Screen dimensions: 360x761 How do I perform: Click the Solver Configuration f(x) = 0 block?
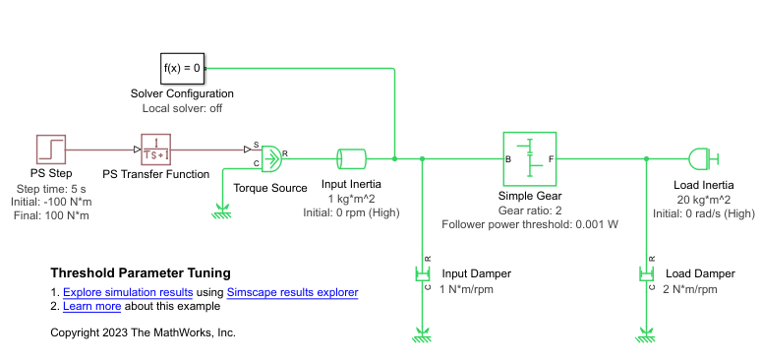[x=182, y=68]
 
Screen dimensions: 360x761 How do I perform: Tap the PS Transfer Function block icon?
[x=156, y=150]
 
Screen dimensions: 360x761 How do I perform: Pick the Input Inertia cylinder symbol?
[x=351, y=158]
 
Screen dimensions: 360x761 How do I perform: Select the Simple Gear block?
[x=529, y=158]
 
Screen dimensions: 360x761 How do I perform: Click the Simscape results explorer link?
[x=292, y=292]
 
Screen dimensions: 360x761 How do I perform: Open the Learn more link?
[x=91, y=306]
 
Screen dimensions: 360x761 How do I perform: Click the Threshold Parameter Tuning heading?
[x=141, y=272]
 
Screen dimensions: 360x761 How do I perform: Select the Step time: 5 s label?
[x=52, y=189]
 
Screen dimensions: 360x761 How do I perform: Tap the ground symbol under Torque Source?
[x=222, y=208]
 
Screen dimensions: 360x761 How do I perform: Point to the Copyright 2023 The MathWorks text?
[x=143, y=332]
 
